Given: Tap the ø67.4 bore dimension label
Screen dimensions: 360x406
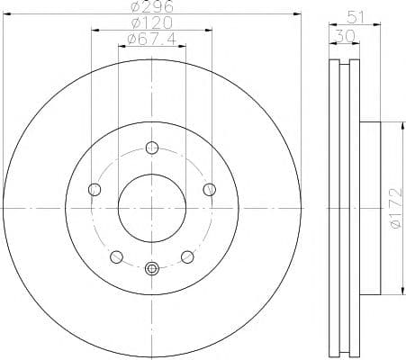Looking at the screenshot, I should coord(150,40).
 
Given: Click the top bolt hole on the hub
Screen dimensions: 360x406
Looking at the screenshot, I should coord(151,148).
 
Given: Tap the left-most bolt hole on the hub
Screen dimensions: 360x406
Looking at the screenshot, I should coord(94,189).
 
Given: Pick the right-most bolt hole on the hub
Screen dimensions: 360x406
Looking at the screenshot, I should coord(209,189).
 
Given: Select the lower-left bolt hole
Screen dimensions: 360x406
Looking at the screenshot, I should coord(115,256).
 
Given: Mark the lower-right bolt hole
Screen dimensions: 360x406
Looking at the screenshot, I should coord(187,256).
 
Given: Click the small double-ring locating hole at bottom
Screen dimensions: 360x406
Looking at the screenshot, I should coord(151,267).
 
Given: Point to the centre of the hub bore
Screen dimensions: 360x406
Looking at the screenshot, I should coord(151,208).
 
